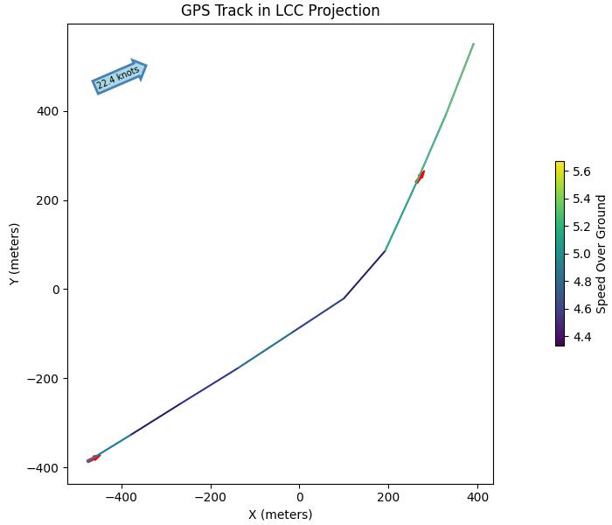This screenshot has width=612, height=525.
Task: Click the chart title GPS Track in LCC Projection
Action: click(280, 10)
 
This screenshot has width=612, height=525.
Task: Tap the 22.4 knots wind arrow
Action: click(119, 77)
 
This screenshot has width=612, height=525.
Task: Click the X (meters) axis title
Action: click(280, 514)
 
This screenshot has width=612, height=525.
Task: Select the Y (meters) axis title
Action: click(14, 254)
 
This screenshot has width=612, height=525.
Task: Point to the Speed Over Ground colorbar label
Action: click(602, 254)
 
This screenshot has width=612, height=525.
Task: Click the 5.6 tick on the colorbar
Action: click(582, 171)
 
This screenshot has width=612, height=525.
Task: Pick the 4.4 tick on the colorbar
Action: click(582, 336)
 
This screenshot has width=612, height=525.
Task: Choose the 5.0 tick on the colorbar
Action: click(582, 254)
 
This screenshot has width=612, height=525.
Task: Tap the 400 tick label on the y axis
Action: click(48, 111)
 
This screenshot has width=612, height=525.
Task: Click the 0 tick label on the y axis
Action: click(56, 290)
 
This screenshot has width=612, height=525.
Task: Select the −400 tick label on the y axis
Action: click(44, 468)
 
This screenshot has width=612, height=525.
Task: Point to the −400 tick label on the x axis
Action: click(122, 497)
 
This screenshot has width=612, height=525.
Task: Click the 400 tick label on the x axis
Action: click(477, 497)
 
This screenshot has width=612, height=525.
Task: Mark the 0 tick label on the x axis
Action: click(300, 497)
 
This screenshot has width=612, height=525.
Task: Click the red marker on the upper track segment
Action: click(421, 177)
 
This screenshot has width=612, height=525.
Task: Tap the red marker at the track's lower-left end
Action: click(94, 458)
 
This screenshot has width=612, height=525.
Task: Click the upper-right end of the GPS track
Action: click(473, 44)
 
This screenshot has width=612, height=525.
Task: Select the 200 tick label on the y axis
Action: click(48, 200)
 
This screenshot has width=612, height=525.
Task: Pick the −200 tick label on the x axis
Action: click(211, 497)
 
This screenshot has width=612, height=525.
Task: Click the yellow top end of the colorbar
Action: click(560, 164)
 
